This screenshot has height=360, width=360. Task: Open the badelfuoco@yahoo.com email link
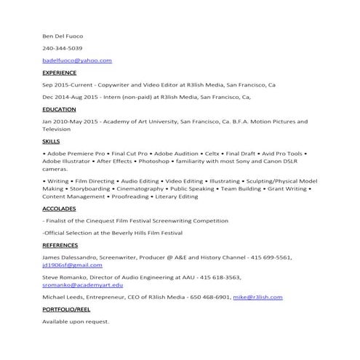tap(77, 60)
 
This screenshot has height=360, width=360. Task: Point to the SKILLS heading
tap(51, 141)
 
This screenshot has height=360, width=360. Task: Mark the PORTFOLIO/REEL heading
tap(68, 308)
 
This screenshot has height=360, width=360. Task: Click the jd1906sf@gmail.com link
tap(71, 265)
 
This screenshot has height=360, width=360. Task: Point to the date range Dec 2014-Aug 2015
tap(72, 97)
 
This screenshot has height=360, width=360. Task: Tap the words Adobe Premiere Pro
tap(76, 154)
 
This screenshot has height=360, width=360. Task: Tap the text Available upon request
tap(76, 321)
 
